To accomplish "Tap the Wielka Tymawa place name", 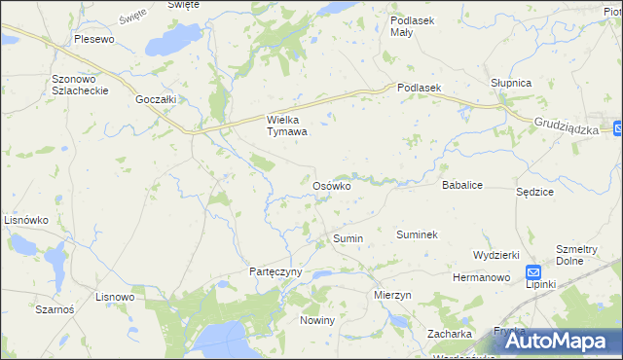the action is pos(287,126).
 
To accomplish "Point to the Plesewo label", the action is pos(94,40).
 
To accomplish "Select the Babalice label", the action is pos(462,184).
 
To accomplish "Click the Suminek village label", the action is pos(417,234).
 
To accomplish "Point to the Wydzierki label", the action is pos(496,254).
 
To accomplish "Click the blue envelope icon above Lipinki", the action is pos(534,272).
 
